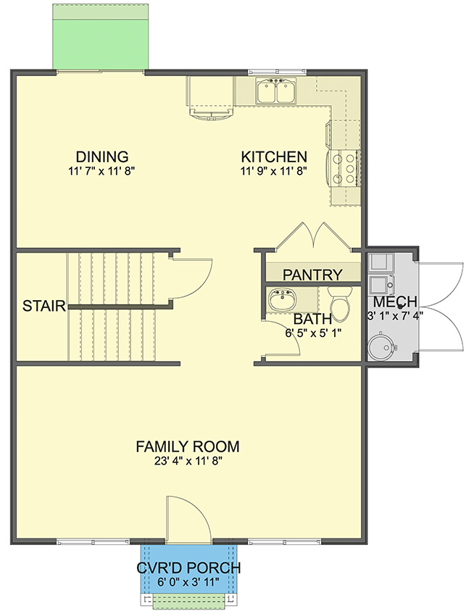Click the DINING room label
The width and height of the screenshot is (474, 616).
(x=102, y=157)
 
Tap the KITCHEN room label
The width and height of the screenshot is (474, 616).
(x=274, y=157)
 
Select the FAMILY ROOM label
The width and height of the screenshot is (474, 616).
(x=188, y=446)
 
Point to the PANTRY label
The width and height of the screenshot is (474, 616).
(x=312, y=275)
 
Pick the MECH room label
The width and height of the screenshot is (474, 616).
(x=395, y=301)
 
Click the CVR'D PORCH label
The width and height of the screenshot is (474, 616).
(x=188, y=567)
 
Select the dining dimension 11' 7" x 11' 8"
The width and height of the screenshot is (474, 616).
(x=102, y=171)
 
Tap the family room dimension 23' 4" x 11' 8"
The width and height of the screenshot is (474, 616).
(x=188, y=461)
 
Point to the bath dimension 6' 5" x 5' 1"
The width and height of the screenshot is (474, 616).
(x=312, y=332)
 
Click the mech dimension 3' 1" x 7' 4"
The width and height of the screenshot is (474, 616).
(x=395, y=315)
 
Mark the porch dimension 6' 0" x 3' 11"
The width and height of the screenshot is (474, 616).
(x=188, y=581)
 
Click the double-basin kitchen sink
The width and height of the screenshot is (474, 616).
(x=276, y=92)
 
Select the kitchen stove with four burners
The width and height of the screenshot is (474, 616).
(x=345, y=167)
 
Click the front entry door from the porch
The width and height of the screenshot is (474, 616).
(x=188, y=519)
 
